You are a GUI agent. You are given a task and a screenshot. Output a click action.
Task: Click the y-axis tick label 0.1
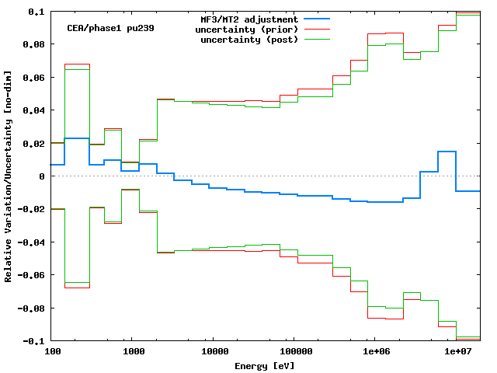36,12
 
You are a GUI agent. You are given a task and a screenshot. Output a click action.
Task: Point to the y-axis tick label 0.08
33,45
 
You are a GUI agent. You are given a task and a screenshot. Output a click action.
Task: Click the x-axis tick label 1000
133,352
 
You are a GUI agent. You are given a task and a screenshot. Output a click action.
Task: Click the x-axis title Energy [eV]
265,364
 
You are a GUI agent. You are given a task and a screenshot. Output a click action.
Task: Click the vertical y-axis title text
9,176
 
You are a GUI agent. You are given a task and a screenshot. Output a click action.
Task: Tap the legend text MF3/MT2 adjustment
249,19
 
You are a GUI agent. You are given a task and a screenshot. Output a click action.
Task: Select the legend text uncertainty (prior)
247,30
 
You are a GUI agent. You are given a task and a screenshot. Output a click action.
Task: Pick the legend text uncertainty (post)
249,40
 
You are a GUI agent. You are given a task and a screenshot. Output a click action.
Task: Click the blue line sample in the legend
317,19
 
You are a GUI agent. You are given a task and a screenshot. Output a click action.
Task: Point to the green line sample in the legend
317,39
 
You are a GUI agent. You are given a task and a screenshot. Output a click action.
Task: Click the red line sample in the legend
317,29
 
